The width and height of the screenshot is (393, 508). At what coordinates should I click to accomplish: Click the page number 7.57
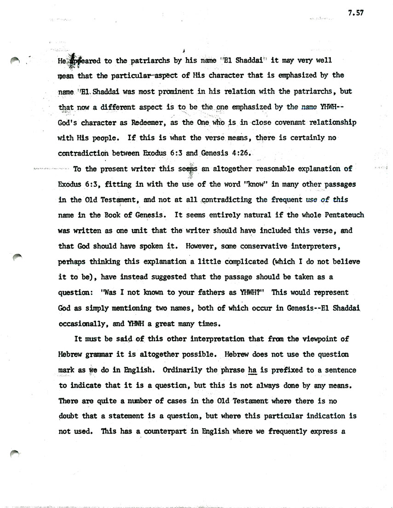click(356, 13)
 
